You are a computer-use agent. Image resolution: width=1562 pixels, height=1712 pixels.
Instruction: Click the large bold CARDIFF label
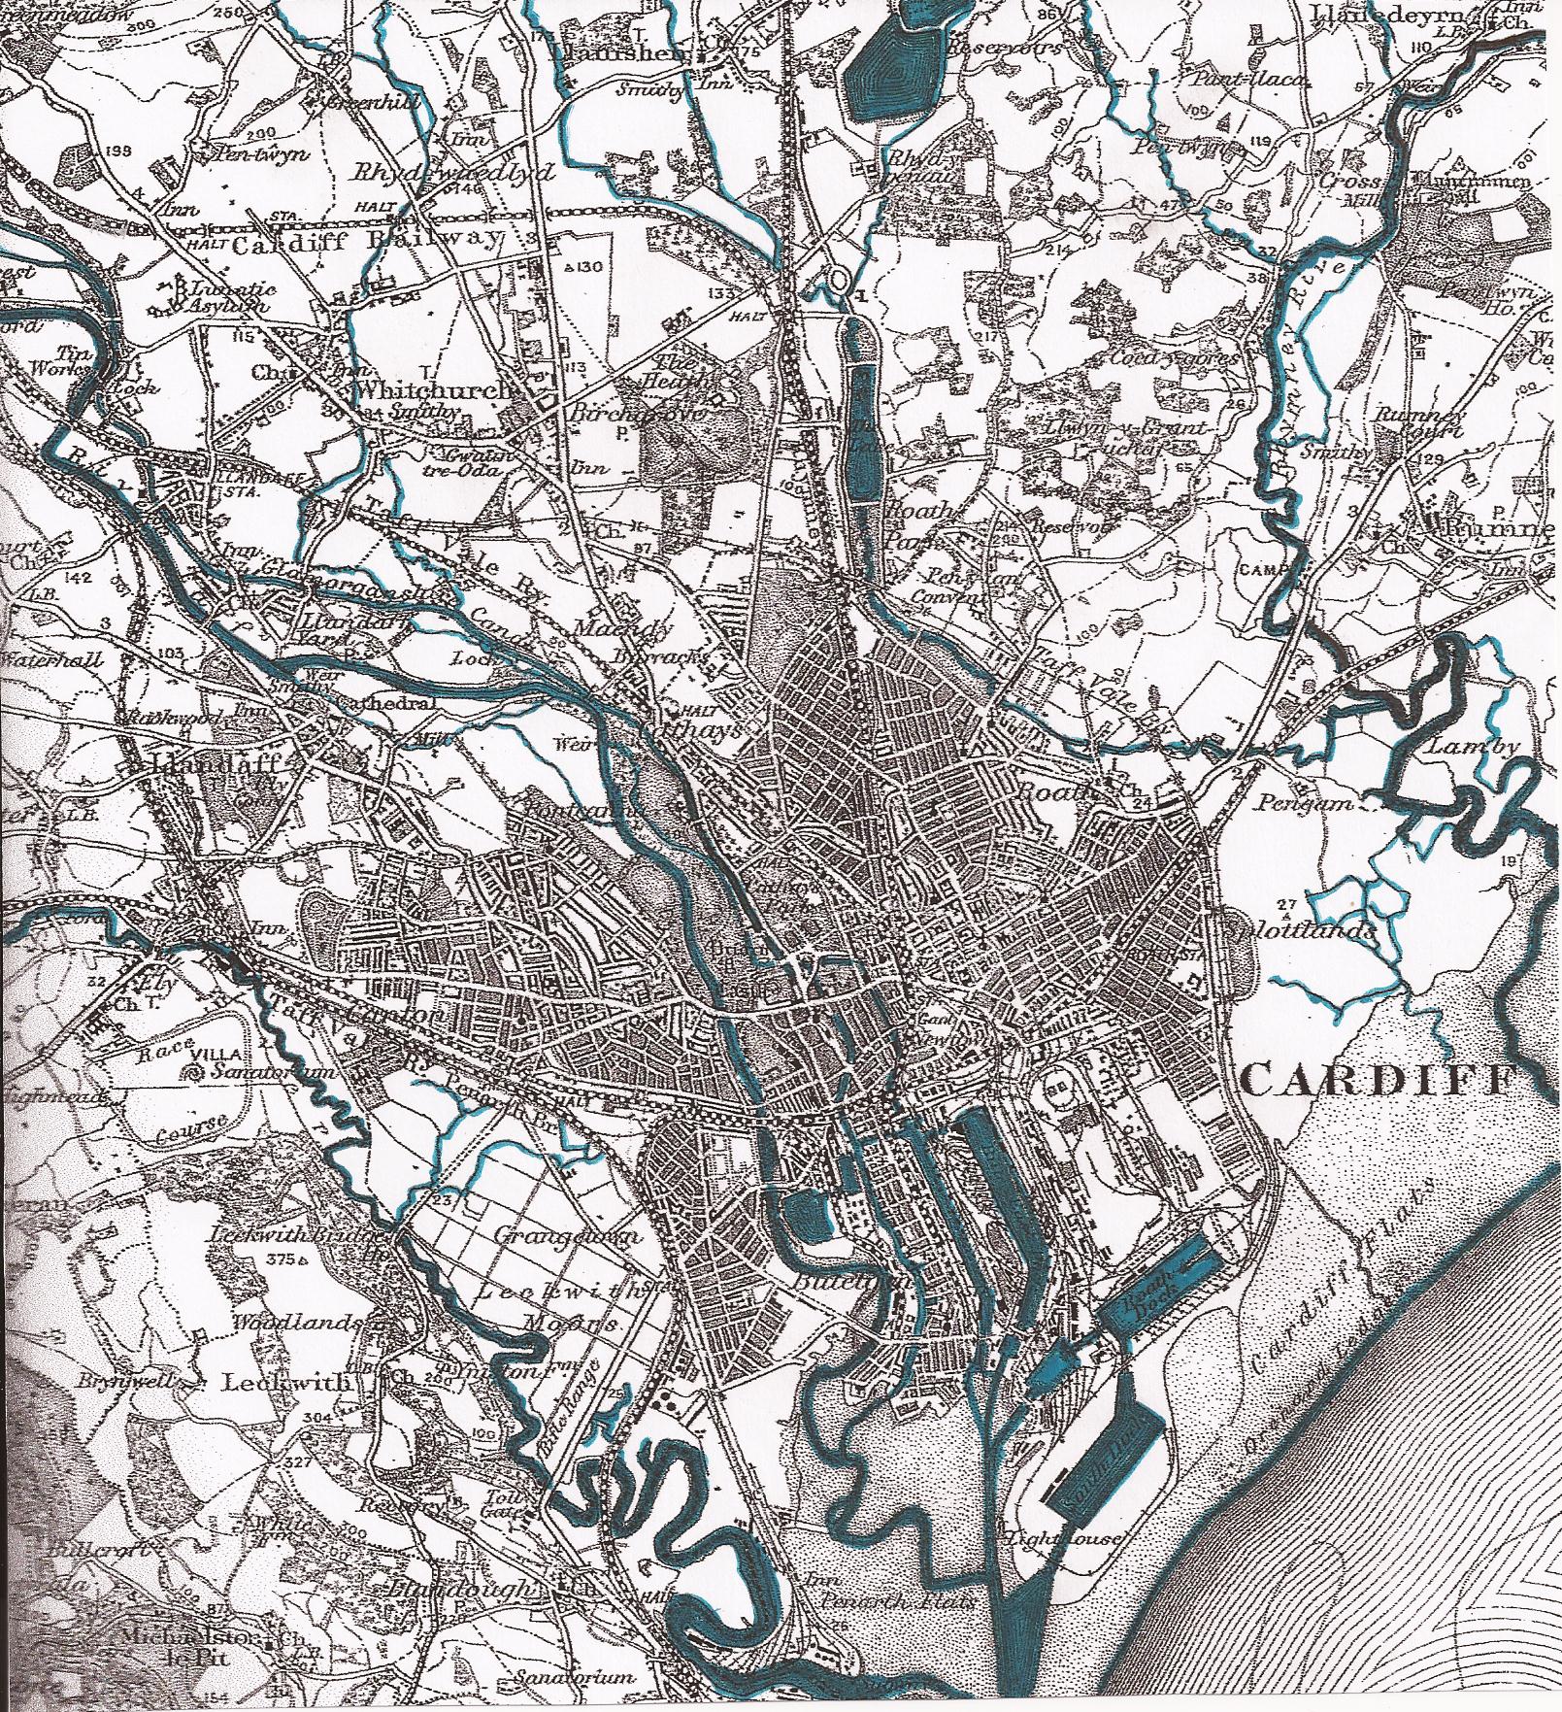tap(1378, 1079)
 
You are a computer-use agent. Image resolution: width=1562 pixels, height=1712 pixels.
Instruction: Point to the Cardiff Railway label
tap(369, 240)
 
